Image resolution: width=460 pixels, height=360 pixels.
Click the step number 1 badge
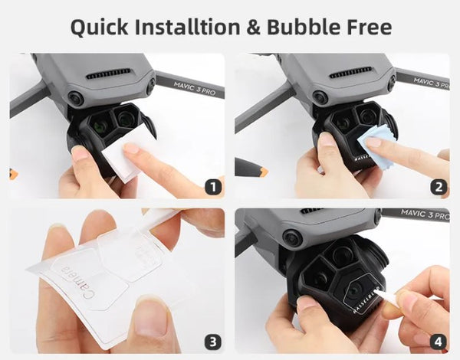tap(214, 186)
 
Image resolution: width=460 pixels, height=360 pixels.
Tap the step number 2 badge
tap(439, 186)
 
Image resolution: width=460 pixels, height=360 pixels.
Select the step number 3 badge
tap(214, 342)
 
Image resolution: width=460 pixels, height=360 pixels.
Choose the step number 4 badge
tap(439, 342)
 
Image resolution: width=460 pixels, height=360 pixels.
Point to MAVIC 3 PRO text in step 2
tap(429, 80)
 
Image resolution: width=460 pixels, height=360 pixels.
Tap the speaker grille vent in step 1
tap(108, 75)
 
